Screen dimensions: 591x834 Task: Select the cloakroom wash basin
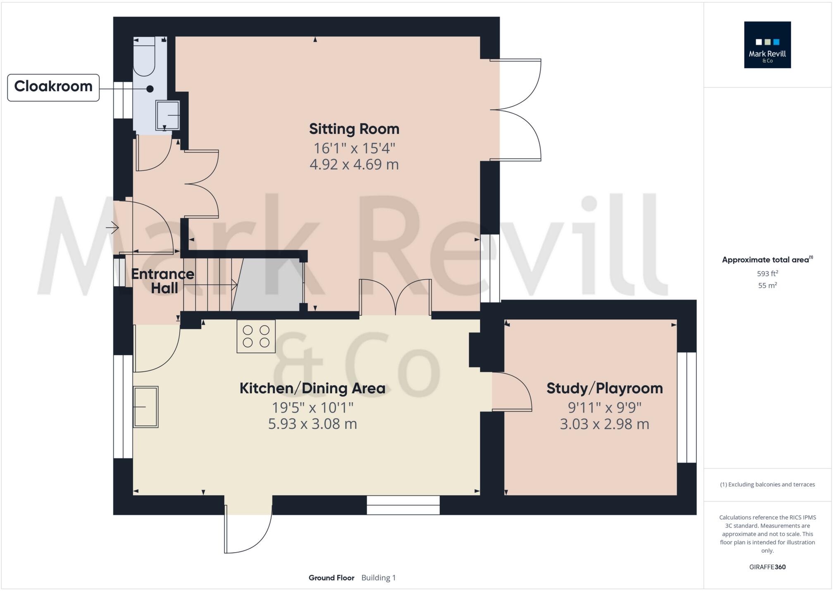[167, 115]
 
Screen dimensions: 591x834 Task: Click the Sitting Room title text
[354, 129]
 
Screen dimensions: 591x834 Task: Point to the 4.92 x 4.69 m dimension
[354, 164]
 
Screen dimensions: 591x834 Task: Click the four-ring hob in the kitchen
[256, 336]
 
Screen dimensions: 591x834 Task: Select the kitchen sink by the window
[145, 407]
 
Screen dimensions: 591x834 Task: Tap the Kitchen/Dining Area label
[312, 388]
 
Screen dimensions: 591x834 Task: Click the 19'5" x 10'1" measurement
[312, 408]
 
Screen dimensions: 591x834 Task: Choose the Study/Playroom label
[604, 388]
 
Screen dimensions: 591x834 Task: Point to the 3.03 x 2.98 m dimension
[604, 424]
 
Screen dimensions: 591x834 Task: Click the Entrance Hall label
[163, 281]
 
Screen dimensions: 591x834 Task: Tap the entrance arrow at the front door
[112, 228]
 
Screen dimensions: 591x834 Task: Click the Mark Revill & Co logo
[767, 45]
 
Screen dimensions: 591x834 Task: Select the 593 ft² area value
[767, 273]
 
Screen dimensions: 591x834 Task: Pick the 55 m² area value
[767, 285]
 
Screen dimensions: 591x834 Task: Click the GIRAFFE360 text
[767, 567]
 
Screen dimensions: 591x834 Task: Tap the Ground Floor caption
[331, 578]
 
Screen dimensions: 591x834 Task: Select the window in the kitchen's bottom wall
[403, 505]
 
